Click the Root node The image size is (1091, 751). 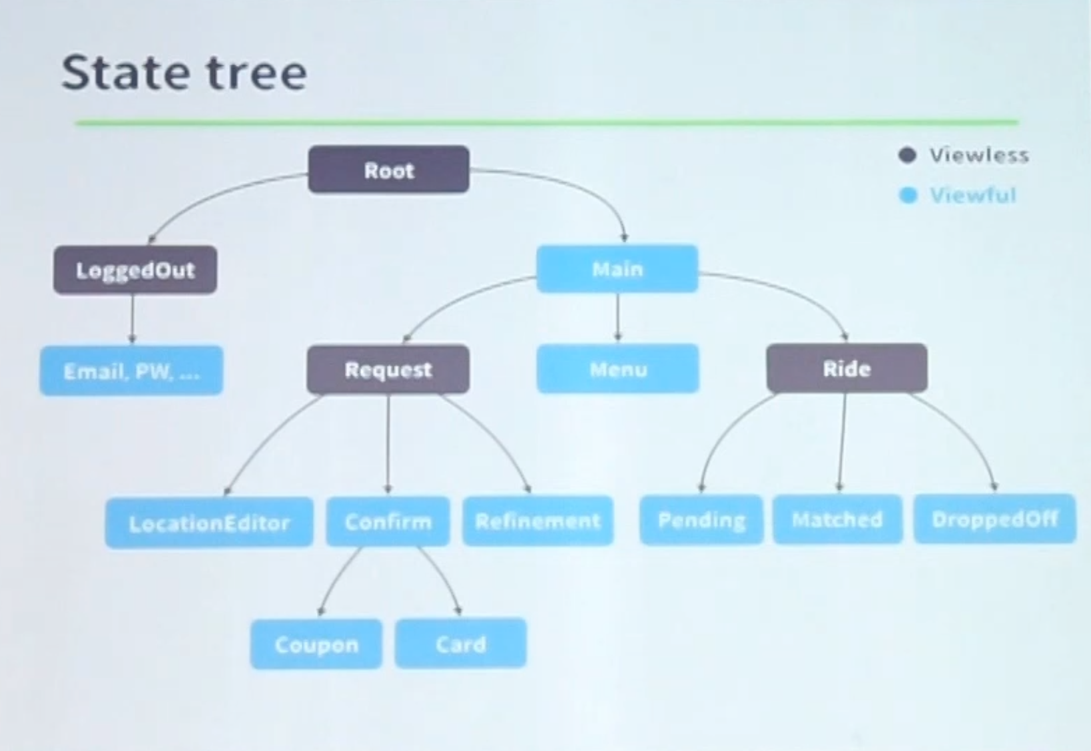(x=389, y=169)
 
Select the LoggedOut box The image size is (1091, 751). (x=135, y=270)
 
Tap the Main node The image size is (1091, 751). (x=617, y=269)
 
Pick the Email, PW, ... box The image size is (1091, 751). (x=131, y=371)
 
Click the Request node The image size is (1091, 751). (x=388, y=370)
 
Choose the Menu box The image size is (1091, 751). (x=617, y=368)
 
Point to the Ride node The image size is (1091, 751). (x=847, y=368)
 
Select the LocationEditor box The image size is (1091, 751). (x=209, y=523)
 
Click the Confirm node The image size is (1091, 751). (x=388, y=521)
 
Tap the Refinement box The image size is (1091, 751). (x=538, y=520)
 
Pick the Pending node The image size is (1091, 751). (x=701, y=519)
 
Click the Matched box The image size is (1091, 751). (x=837, y=519)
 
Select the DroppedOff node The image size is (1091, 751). (x=994, y=519)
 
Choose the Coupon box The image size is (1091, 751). (x=316, y=644)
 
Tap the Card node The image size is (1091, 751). (x=460, y=643)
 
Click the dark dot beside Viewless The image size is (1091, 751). (x=907, y=155)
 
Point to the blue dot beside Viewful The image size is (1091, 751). (x=908, y=196)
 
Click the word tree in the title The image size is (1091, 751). (x=256, y=73)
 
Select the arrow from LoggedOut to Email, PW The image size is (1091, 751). (x=132, y=320)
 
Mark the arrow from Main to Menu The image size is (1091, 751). (x=617, y=318)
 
